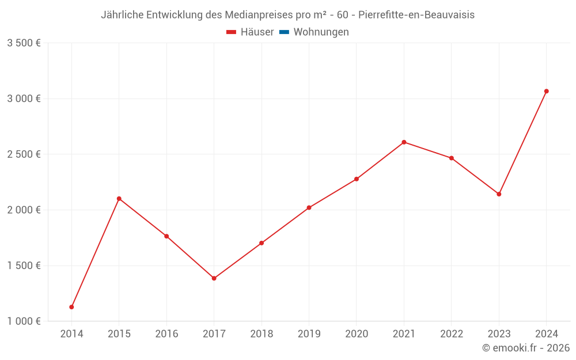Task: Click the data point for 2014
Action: tap(71, 307)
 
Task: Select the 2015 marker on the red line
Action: tap(119, 199)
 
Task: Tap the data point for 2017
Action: tap(214, 278)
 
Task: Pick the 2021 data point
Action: tap(404, 142)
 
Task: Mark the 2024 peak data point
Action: tap(546, 91)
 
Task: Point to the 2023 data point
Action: tap(499, 194)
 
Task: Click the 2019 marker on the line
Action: tap(309, 207)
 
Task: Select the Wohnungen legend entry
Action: tap(321, 32)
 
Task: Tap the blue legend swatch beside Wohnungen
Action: tap(284, 32)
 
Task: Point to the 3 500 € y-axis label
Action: tap(24, 43)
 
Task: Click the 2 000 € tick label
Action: tap(24, 210)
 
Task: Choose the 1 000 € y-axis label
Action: tap(24, 321)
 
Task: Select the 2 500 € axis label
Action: tap(24, 154)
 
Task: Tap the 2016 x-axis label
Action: tap(166, 334)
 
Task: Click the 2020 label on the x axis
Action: tap(357, 334)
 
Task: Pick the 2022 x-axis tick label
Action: tap(452, 334)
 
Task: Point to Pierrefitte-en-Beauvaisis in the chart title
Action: tap(416, 15)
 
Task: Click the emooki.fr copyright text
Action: tap(526, 348)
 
